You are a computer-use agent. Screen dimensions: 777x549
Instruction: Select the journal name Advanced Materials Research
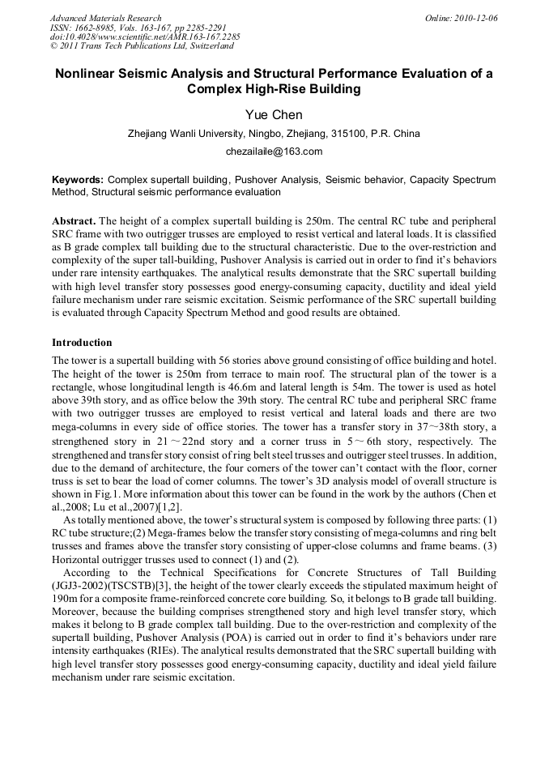coord(105,18)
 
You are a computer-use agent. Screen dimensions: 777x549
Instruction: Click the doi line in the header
coord(145,37)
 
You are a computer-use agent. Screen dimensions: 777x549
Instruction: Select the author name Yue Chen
coord(274,115)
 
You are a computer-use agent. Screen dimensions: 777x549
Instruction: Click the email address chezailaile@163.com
coord(274,152)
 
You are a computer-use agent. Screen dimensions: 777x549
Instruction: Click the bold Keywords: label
coord(78,179)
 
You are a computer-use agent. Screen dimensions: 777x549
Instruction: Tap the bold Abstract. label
coord(74,221)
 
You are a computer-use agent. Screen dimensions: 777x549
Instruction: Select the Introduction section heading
coord(82,343)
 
